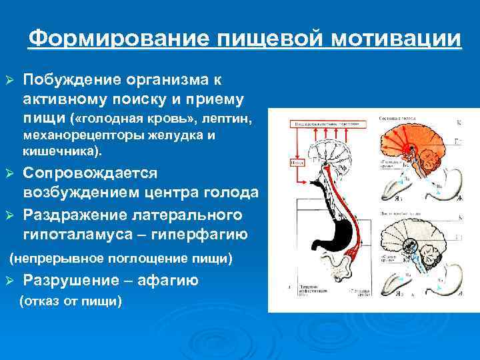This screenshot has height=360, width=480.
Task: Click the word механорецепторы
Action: click(x=77, y=135)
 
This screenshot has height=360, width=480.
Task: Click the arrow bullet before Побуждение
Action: click(x=9, y=81)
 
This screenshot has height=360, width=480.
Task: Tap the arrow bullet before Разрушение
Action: click(x=9, y=281)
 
